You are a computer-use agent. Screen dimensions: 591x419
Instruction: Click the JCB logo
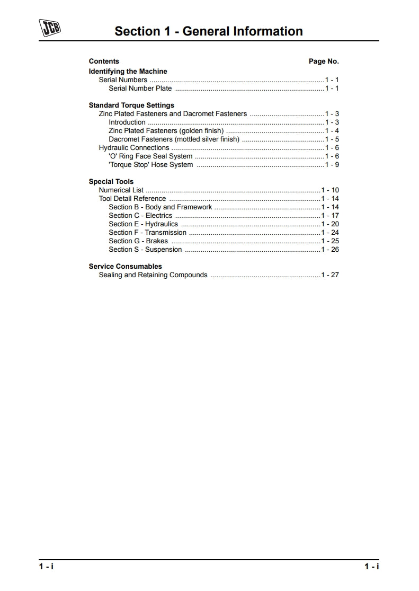50,28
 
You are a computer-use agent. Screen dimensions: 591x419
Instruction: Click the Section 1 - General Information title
209,31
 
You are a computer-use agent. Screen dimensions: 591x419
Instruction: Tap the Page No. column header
324,61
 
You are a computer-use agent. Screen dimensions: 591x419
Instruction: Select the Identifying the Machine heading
128,72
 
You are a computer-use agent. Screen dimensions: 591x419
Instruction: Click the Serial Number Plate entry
140,89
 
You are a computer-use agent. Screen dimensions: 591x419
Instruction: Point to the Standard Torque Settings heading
131,105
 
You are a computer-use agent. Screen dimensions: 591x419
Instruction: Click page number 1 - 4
332,131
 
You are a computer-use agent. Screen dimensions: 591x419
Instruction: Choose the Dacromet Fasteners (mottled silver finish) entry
174,139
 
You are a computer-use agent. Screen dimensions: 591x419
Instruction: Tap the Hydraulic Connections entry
134,148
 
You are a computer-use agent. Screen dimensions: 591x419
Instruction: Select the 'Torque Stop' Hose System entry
151,165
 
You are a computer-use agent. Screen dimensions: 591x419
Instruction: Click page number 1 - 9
332,165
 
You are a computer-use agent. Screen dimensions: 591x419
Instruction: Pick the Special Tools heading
111,182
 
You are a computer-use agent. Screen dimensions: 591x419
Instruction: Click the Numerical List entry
121,190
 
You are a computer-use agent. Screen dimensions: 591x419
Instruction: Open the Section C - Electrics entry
140,216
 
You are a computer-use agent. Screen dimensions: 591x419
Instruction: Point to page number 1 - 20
330,224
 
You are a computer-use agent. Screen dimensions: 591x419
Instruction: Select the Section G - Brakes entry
138,241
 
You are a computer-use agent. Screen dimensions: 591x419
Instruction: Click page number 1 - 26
330,250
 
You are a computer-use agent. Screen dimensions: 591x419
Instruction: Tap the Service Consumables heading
126,267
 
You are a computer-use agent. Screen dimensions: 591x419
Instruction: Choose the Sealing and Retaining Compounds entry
153,275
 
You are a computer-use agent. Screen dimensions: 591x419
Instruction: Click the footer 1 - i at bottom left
46,567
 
